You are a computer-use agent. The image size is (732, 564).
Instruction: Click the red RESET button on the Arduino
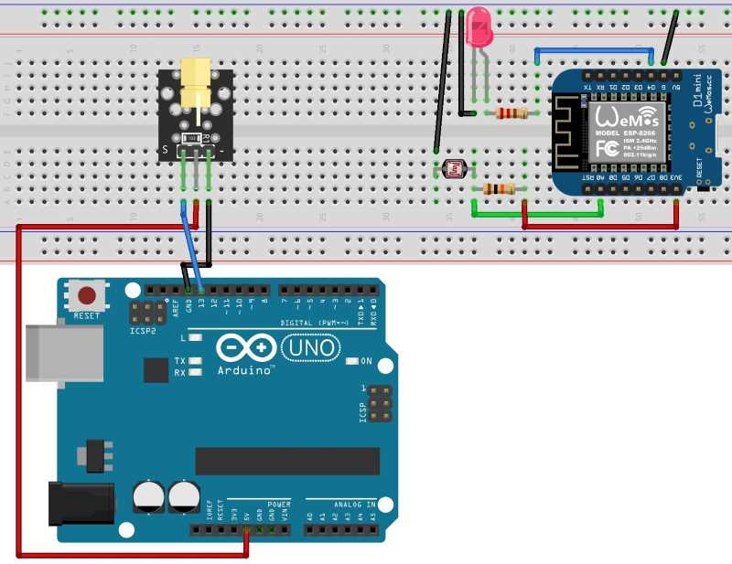point(88,296)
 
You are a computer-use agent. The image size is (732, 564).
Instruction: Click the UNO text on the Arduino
point(309,347)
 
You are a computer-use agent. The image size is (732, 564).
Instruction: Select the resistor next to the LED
point(511,114)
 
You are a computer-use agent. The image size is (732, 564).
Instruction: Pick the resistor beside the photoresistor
point(497,188)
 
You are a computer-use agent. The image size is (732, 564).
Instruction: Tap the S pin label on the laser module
point(165,149)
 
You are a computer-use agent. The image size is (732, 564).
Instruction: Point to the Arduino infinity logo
point(246,347)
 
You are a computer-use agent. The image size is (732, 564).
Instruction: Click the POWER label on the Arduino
point(279,504)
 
